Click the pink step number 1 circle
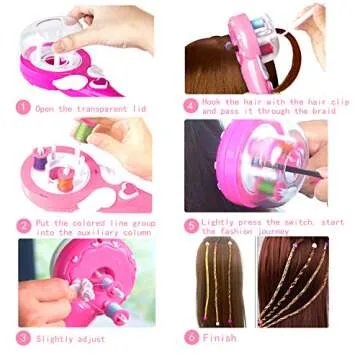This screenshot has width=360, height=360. [23, 107]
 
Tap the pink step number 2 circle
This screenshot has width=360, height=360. [23, 225]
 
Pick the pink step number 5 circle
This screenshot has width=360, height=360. [190, 226]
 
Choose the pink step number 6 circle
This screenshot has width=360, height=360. [190, 338]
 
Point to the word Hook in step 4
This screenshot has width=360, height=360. [211, 101]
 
